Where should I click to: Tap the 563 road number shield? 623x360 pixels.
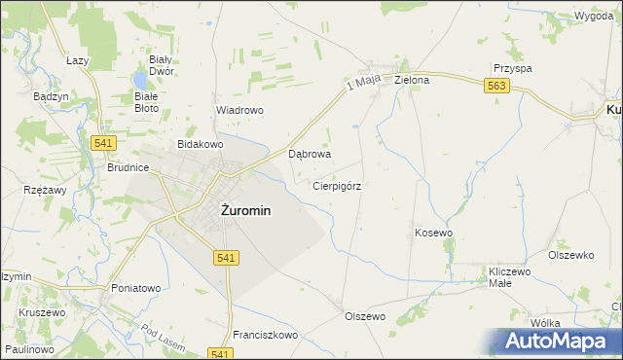point(496,87)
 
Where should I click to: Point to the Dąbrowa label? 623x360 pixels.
point(311,154)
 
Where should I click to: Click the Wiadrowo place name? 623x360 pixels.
point(239,110)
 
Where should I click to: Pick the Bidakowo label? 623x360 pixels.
point(201,144)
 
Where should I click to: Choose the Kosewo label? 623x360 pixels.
point(434,233)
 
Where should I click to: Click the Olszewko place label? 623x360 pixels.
point(571,255)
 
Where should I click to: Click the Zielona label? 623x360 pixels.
point(412,80)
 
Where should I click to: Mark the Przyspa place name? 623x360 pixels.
point(512,69)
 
